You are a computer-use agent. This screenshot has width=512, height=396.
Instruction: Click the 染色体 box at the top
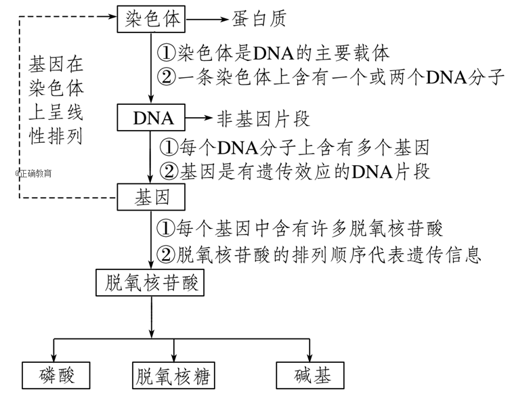pos(151,19)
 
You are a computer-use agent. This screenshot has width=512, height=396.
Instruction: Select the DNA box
pos(151,118)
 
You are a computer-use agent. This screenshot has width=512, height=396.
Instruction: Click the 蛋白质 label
pos(259,19)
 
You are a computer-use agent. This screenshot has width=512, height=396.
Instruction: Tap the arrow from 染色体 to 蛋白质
pos(206,19)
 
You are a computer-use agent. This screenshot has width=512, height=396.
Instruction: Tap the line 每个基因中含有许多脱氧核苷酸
pos(301,227)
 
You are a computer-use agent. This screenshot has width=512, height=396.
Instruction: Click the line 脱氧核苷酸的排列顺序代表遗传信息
pos(318,255)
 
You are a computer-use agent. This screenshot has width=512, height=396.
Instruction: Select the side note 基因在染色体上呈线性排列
pos(56,101)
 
